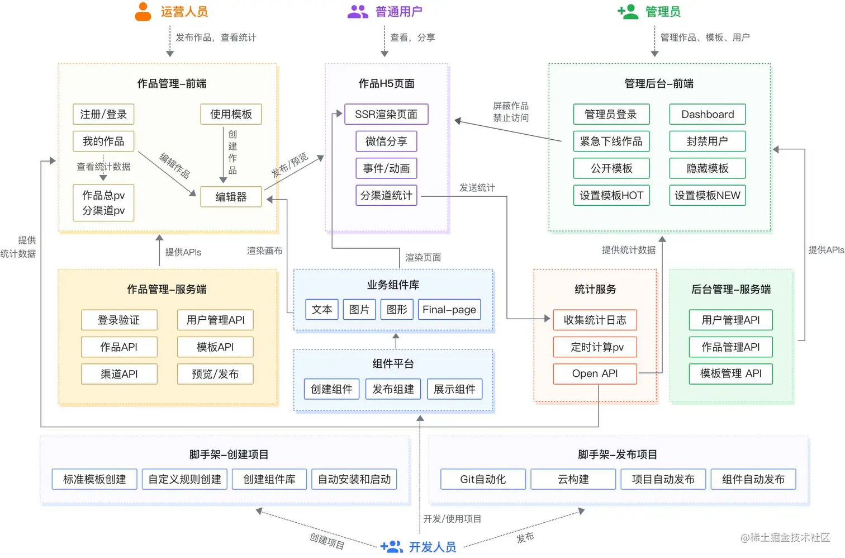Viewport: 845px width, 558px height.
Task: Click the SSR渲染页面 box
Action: pyautogui.click(x=386, y=114)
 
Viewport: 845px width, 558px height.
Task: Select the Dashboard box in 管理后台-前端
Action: pyautogui.click(x=708, y=114)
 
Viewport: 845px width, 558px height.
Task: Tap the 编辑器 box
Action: pyautogui.click(x=231, y=197)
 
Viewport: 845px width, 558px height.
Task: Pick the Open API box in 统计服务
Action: pyautogui.click(x=595, y=373)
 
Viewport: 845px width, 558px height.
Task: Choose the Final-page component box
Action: pyautogui.click(x=449, y=309)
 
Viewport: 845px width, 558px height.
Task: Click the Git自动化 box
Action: pyautogui.click(x=483, y=479)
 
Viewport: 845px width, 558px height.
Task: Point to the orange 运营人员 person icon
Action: pyautogui.click(x=143, y=12)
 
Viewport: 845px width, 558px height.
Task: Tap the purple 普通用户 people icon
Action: pyautogui.click(x=358, y=12)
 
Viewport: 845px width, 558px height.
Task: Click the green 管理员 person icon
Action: pyautogui.click(x=628, y=12)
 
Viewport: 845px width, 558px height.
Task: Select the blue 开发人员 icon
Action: pyautogui.click(x=391, y=546)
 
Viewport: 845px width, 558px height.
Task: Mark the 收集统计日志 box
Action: pyautogui.click(x=595, y=320)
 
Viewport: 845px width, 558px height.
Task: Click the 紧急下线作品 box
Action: pyautogui.click(x=611, y=141)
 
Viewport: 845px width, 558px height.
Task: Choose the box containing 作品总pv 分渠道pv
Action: pyautogui.click(x=103, y=202)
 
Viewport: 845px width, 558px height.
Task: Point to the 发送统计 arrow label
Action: pyautogui.click(x=477, y=188)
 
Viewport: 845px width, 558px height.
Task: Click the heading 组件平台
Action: pyautogui.click(x=393, y=363)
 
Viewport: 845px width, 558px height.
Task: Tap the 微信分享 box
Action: pyautogui.click(x=386, y=141)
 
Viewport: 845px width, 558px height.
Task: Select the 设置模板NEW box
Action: pyautogui.click(x=708, y=195)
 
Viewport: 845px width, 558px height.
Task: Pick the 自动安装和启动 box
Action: pyautogui.click(x=354, y=479)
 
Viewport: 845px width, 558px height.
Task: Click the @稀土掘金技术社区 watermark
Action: pyautogui.click(x=785, y=537)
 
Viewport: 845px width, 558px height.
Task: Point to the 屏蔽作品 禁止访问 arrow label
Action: pyautogui.click(x=511, y=112)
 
